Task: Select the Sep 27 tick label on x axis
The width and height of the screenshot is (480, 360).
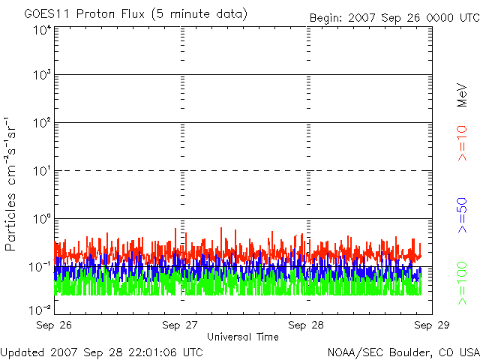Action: click(x=181, y=325)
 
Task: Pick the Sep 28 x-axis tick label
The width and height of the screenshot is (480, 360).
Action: click(x=306, y=325)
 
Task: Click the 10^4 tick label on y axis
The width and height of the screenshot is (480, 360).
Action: click(x=42, y=30)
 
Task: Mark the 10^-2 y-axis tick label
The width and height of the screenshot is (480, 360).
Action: click(x=40, y=308)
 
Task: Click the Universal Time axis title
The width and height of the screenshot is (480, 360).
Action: click(x=242, y=337)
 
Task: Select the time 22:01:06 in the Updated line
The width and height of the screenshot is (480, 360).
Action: click(x=154, y=352)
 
